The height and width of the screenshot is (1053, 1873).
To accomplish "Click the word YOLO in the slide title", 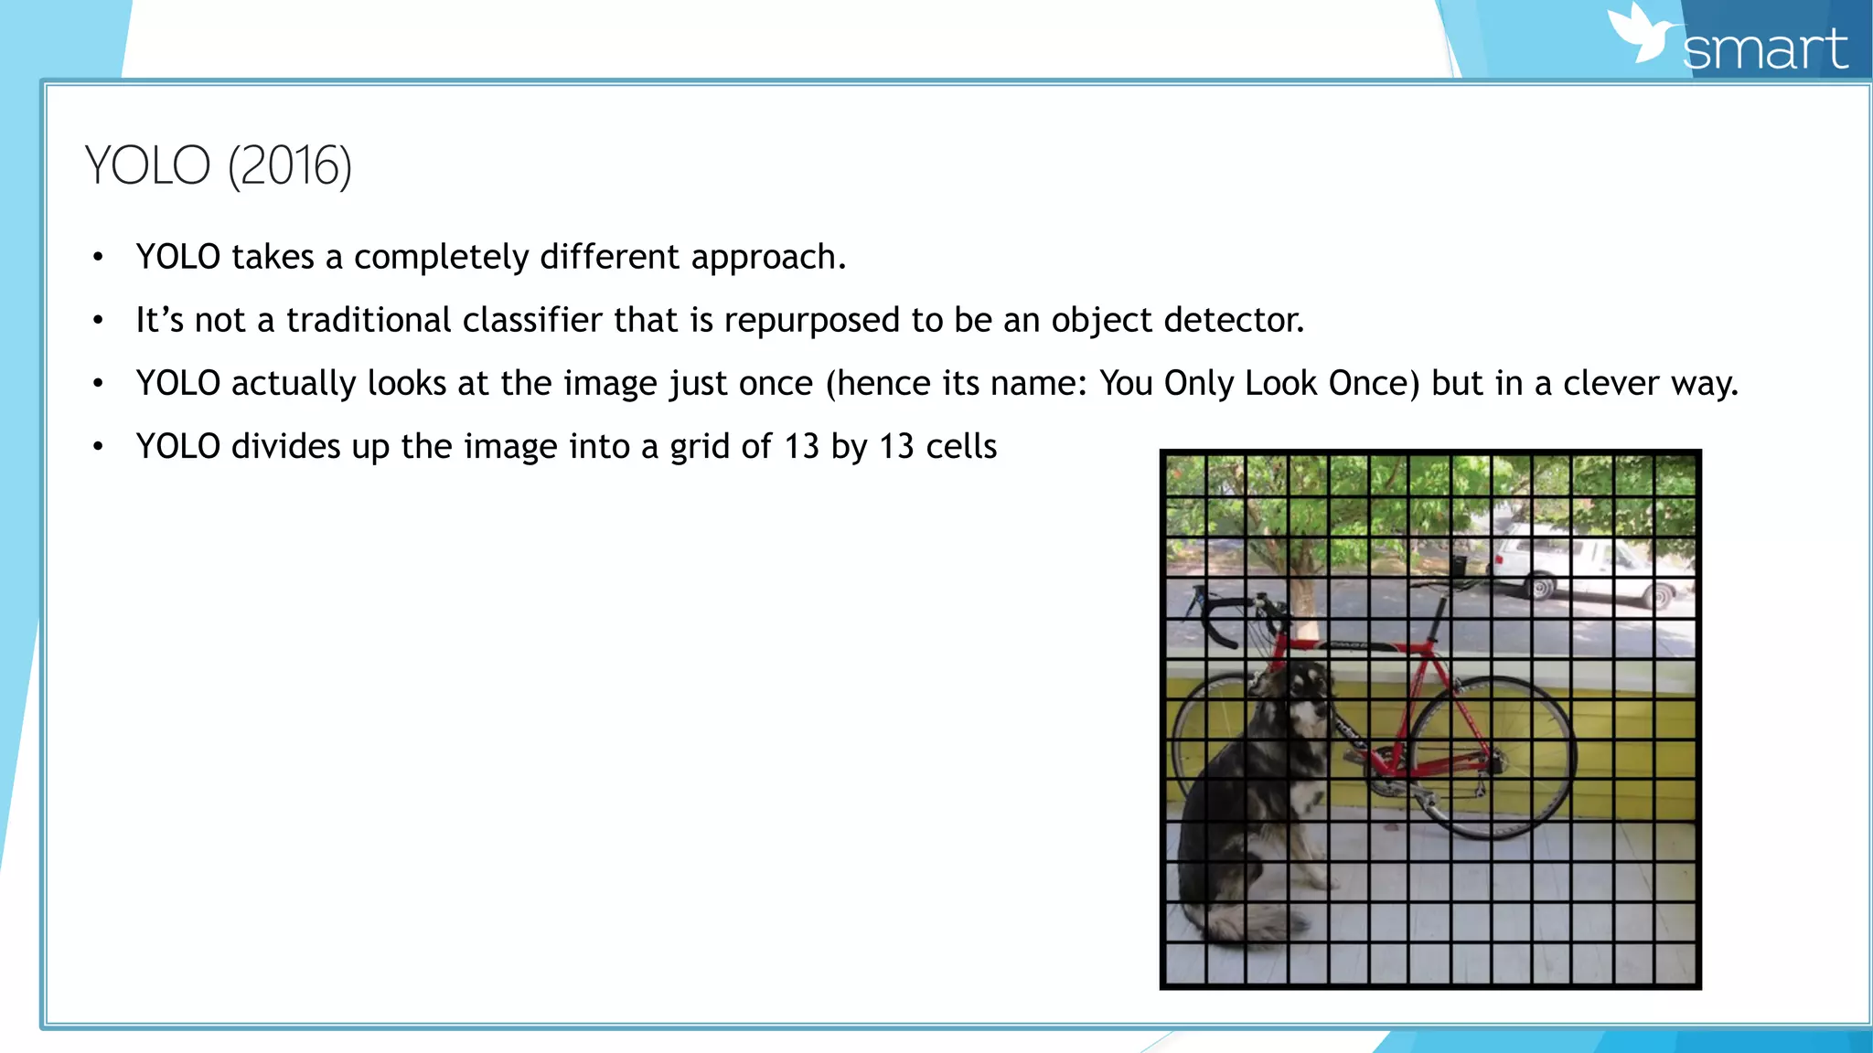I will [x=148, y=165].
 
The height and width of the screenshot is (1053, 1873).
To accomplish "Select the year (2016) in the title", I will [x=290, y=166].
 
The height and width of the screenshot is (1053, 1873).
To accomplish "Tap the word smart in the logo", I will [x=1765, y=49].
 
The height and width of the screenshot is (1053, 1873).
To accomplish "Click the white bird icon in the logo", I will [x=1643, y=35].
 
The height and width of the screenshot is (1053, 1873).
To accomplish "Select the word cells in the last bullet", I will [x=960, y=446].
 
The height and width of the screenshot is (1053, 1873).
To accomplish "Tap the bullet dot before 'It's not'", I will [x=98, y=321].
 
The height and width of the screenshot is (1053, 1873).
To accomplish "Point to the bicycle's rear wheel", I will [x=1493, y=757].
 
